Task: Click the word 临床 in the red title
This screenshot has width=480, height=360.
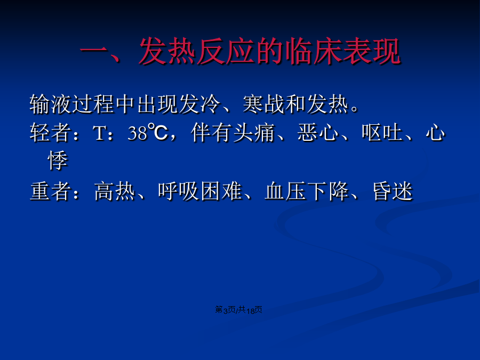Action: click(x=313, y=51)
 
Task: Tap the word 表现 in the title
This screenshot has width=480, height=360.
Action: click(x=371, y=51)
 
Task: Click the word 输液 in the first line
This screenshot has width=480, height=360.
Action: click(x=51, y=105)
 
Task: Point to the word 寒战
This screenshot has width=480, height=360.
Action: click(x=263, y=105)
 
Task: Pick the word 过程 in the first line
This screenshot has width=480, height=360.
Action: click(x=93, y=105)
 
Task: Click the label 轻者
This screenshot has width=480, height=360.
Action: click(x=51, y=133)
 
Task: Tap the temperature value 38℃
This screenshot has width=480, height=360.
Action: click(x=148, y=132)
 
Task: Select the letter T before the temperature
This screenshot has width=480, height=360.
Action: click(x=99, y=133)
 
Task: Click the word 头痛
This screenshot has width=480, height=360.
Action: click(x=253, y=133)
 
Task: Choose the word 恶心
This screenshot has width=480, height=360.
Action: click(x=318, y=133)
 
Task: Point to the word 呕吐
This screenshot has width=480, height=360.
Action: click(x=382, y=133)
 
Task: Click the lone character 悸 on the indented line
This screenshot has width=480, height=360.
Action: click(x=58, y=161)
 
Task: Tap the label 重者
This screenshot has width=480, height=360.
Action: click(x=51, y=191)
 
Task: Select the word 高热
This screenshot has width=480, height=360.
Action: click(x=115, y=191)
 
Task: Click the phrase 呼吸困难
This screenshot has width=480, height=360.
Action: click(x=200, y=191)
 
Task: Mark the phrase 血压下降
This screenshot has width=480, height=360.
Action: click(x=307, y=191)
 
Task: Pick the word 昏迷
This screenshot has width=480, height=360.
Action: click(x=393, y=191)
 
